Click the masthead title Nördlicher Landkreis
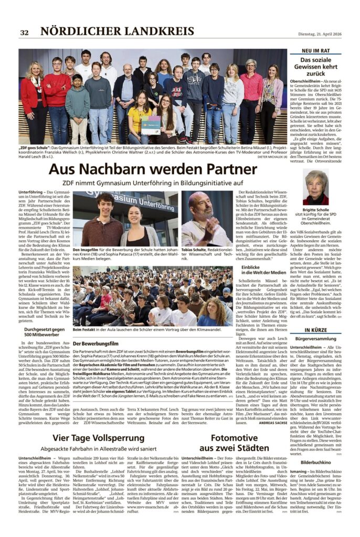coord(117,31)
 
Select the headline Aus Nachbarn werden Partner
coord(153,169)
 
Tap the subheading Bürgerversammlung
coord(315,340)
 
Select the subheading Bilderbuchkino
coord(315,463)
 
